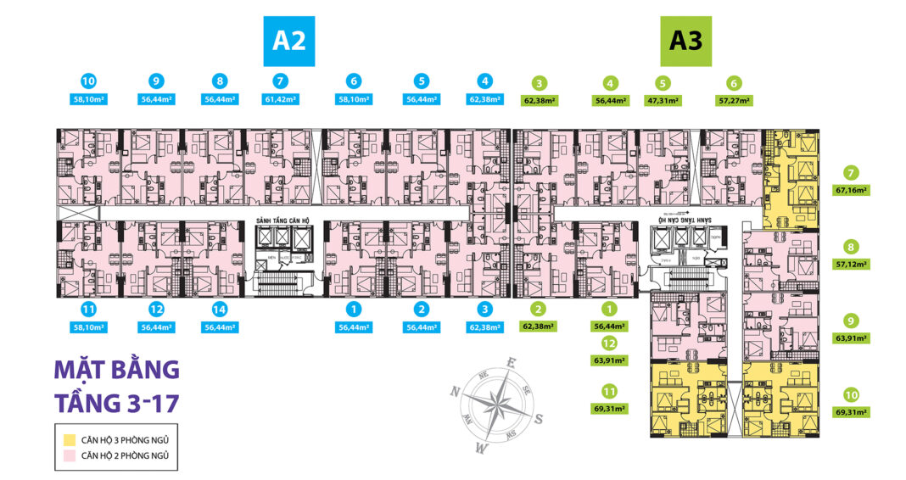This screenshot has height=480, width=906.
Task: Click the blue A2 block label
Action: (x=289, y=42)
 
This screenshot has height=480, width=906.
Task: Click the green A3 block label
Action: (x=686, y=42)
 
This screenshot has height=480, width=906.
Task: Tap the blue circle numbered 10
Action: (x=88, y=82)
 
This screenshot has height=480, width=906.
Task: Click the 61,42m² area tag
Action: (x=282, y=100)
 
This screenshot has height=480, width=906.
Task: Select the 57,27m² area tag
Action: (x=734, y=100)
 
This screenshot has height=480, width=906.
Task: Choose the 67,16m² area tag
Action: (x=851, y=191)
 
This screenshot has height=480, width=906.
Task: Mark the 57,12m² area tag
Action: (x=851, y=265)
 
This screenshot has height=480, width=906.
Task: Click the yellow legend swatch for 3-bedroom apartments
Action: (x=68, y=439)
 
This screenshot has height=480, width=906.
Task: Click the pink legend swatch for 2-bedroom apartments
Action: (x=68, y=456)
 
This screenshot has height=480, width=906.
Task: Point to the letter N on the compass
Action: (x=455, y=391)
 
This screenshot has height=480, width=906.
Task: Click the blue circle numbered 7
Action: (x=282, y=82)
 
